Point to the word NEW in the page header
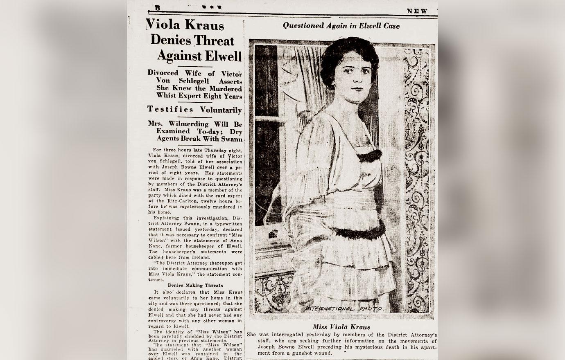click(417, 11)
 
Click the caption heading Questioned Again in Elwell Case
click(341, 25)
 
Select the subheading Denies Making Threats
click(195, 285)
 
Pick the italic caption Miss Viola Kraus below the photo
click(341, 327)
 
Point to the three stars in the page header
click(212, 7)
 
